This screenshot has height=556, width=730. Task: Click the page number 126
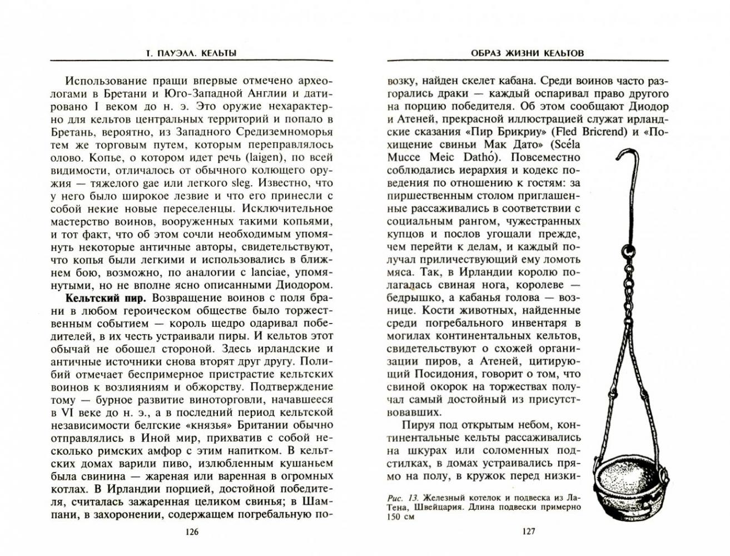[191, 532]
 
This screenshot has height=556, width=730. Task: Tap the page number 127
[528, 532]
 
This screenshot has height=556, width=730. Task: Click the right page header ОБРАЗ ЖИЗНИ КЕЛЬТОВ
[528, 53]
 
